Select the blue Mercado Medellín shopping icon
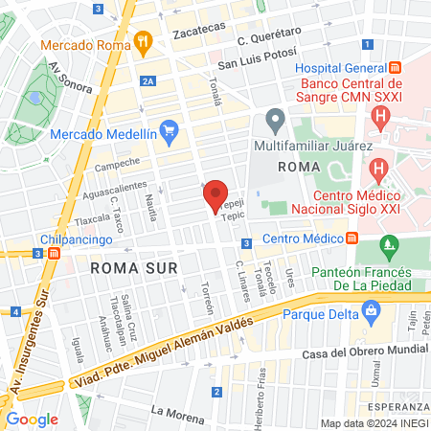[x=170, y=129]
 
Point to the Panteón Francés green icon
[x=388, y=247]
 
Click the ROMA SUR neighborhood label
[x=134, y=268]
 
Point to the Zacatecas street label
[x=198, y=34]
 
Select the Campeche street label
[x=118, y=163]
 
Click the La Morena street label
[x=178, y=415]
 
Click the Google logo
[x=32, y=419]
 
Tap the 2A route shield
[x=147, y=81]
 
